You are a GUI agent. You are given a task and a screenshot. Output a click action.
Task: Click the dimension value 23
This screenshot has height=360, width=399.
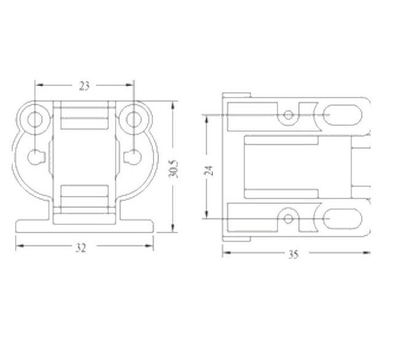84,86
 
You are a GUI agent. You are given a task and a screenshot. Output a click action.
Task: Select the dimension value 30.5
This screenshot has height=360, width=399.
173,169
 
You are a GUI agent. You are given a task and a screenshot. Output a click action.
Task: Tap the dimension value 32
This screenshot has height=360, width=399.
81,248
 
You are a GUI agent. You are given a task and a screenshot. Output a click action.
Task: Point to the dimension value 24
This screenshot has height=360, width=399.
209,170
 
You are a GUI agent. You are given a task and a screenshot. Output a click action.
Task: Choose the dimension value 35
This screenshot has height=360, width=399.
293,255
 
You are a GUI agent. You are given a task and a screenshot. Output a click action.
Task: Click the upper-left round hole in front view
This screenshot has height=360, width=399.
34,119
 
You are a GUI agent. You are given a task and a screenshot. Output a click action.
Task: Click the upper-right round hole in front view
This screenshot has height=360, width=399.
134,119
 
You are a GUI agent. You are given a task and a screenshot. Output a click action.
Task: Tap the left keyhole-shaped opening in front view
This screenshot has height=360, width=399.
36,157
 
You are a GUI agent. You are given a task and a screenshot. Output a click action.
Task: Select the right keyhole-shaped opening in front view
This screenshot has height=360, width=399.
132,157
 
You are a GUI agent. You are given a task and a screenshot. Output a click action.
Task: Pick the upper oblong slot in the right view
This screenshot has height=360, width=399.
343,115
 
